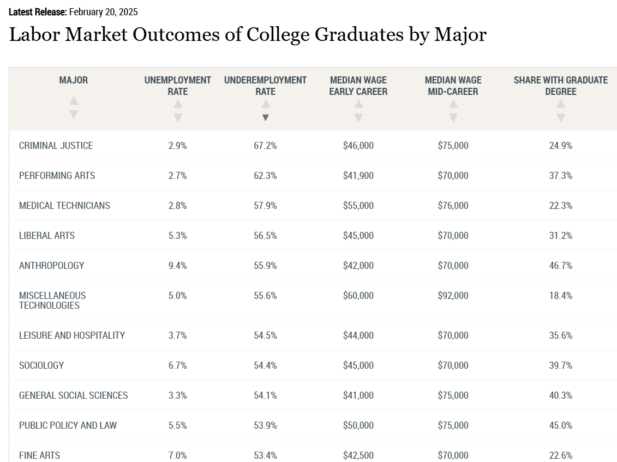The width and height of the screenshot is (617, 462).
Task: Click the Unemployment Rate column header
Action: tap(177, 86)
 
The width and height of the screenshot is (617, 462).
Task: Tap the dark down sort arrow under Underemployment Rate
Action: tap(265, 117)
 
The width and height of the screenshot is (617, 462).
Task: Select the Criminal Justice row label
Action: tap(56, 146)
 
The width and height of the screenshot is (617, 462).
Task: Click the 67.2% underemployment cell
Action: tap(265, 146)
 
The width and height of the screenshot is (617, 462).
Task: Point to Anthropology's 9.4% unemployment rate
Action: tap(177, 266)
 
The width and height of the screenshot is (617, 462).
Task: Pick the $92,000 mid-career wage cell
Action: tap(453, 296)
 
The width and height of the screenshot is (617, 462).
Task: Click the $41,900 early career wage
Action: tap(358, 176)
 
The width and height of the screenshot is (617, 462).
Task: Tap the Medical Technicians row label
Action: tap(64, 206)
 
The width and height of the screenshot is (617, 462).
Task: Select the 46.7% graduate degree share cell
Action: tap(560, 266)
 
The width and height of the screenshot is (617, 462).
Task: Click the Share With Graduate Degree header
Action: tap(560, 86)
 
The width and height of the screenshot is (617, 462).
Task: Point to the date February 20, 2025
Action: tap(103, 12)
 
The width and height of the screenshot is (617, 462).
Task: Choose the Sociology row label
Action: tap(41, 365)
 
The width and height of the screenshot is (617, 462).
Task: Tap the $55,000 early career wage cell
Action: tap(358, 206)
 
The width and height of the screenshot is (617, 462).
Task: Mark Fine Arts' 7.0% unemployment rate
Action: tap(177, 455)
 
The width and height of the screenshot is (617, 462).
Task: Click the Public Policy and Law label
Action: tap(68, 425)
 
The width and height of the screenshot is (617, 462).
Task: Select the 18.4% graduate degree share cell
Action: tap(560, 296)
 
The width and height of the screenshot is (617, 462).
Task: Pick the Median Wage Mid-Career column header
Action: tap(453, 86)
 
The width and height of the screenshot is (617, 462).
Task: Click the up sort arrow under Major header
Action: tap(74, 101)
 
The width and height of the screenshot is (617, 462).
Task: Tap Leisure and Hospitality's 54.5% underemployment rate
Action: tap(265, 335)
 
